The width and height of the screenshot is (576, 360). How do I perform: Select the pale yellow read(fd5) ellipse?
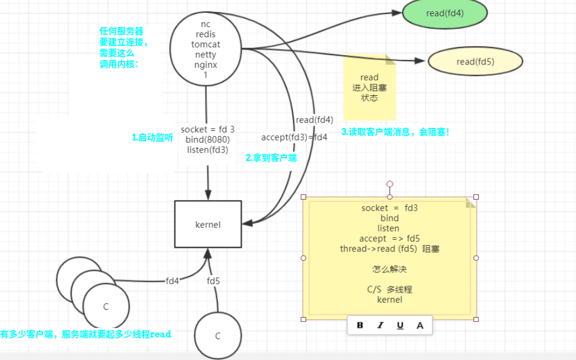475,62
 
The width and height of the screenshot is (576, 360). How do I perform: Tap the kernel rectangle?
208,224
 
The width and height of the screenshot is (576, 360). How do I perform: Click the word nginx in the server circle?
206,65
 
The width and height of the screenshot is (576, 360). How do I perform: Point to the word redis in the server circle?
206,34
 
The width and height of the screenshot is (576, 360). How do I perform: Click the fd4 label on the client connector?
173,281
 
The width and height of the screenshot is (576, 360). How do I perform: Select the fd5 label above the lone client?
214,281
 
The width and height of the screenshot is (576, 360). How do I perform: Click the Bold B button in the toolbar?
360,325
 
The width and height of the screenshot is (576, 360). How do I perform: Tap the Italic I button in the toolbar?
380,325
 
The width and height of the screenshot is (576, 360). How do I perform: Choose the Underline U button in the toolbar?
400,325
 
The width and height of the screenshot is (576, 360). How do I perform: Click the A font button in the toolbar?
420,325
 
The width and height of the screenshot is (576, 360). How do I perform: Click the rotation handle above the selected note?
390,184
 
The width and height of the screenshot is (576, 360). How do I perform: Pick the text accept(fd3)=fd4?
294,137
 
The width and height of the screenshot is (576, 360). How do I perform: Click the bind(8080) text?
207,139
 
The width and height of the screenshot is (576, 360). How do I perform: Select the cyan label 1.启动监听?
152,138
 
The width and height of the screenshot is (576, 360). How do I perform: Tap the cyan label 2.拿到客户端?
271,158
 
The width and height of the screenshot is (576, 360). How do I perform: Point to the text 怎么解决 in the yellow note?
390,270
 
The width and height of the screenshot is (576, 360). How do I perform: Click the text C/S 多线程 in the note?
390,289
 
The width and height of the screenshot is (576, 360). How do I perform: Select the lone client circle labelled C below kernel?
218,336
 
